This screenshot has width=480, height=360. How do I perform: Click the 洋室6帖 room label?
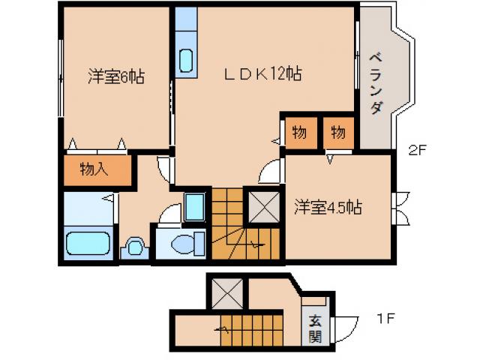click(115, 76)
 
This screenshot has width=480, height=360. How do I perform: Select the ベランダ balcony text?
click(376, 82)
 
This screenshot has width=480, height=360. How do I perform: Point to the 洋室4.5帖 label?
click(328, 208)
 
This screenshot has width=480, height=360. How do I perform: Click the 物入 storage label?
click(94, 169)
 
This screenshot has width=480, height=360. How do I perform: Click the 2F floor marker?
click(418, 148)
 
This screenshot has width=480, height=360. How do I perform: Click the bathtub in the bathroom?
click(88, 244)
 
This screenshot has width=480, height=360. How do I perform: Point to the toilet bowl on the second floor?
click(187, 243)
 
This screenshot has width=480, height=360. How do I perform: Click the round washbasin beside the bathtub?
click(135, 246)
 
